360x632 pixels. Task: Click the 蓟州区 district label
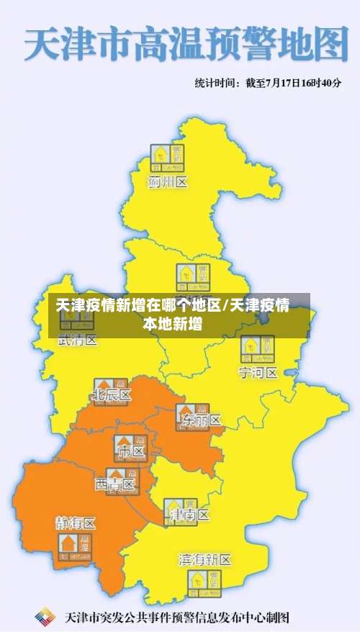tap(168, 182)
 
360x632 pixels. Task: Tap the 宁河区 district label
tap(258, 373)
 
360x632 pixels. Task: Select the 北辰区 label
tap(112, 395)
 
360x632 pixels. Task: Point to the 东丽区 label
tap(202, 420)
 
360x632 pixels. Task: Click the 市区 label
tap(131, 452)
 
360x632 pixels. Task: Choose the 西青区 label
tap(115, 485)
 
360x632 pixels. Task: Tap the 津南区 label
tap(189, 515)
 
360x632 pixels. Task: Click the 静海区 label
tap(76, 523)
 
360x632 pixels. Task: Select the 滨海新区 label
tap(205, 559)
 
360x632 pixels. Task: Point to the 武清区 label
tap(77, 340)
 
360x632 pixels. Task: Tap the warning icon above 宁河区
tap(257, 349)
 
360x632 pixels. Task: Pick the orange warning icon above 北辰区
tap(112, 384)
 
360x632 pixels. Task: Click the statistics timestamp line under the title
tap(267, 83)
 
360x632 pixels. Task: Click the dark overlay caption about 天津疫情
tap(173, 315)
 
